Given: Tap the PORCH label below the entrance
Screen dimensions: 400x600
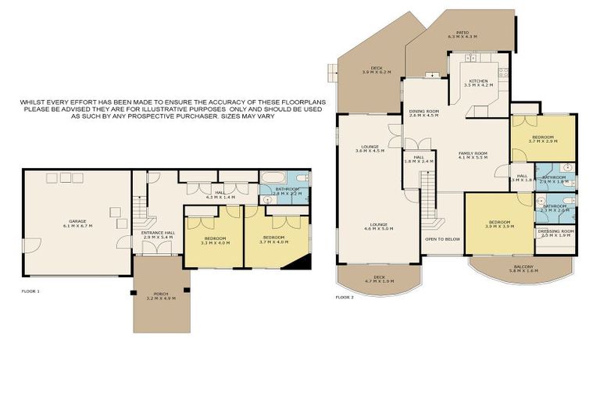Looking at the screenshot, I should point(161,295).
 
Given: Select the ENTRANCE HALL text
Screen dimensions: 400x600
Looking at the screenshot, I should point(157,234).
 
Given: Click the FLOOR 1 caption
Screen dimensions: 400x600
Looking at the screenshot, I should point(30,291).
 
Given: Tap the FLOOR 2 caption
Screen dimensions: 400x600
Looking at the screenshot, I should point(345,297).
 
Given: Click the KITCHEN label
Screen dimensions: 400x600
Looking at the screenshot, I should point(478,82).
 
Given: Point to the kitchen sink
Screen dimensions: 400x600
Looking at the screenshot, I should point(473,58).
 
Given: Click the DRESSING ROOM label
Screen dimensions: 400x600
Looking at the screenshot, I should point(556,232).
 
